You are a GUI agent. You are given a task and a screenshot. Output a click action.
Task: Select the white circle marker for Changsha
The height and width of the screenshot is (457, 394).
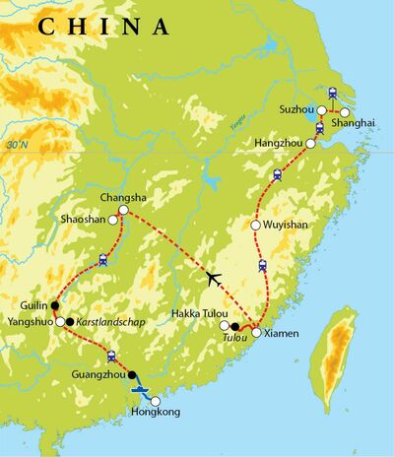point(124,210)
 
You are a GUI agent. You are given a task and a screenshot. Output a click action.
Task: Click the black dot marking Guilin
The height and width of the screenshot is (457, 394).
point(55,306)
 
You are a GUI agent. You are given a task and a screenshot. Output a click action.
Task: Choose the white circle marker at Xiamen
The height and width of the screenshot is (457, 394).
point(256,333)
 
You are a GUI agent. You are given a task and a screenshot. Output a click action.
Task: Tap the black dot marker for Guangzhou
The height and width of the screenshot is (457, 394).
point(132,375)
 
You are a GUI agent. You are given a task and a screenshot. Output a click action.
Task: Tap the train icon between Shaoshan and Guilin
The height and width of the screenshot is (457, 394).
point(102,261)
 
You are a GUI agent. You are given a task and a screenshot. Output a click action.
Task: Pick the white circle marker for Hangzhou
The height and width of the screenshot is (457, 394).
point(313,143)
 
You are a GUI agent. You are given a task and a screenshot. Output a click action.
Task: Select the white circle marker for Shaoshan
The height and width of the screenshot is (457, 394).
point(114,221)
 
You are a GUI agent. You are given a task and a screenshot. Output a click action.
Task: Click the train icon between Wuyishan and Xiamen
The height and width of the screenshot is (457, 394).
point(263,265)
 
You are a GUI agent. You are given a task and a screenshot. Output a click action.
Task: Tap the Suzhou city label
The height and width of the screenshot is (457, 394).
point(295,108)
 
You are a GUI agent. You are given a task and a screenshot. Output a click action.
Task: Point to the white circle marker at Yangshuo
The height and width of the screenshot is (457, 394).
point(61,321)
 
